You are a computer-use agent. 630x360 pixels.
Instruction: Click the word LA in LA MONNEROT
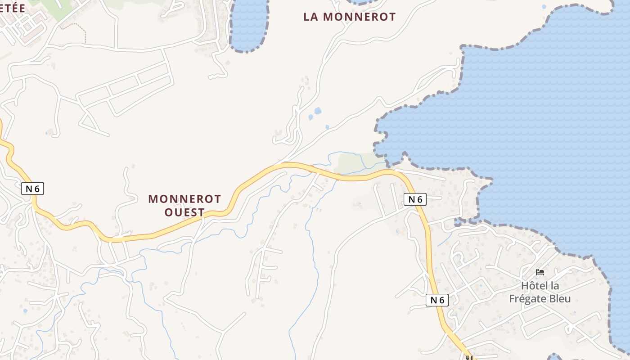tap(311, 17)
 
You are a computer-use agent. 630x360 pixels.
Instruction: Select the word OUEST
tap(184, 212)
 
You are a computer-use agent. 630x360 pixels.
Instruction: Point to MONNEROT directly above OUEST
tap(184, 199)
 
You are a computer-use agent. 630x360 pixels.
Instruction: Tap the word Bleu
tap(560, 299)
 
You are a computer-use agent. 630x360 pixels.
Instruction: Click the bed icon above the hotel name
tap(540, 272)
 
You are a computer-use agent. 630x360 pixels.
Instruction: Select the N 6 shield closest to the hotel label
tap(437, 300)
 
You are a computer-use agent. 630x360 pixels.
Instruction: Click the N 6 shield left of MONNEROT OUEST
tap(33, 189)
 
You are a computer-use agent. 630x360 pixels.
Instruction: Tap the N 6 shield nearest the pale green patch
tap(415, 199)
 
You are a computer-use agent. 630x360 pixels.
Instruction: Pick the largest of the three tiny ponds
tap(318, 111)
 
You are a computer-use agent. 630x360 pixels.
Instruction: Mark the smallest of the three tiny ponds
tap(327, 127)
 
